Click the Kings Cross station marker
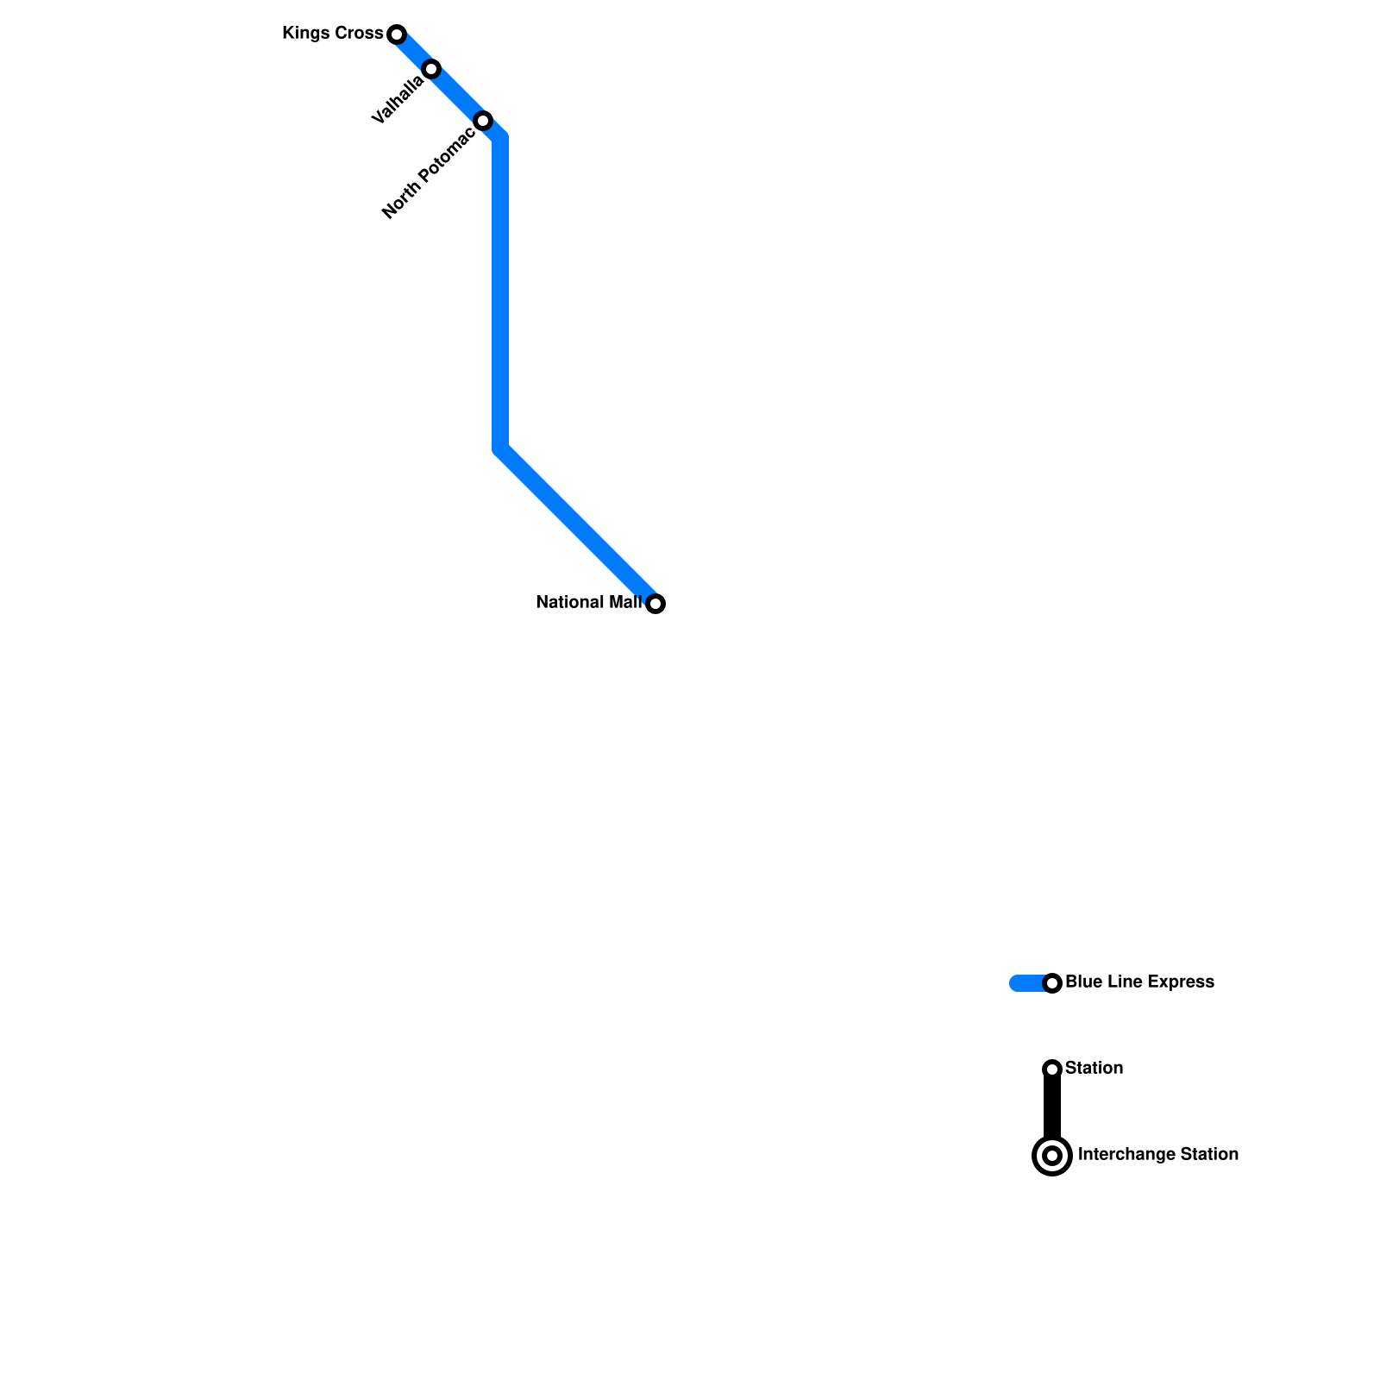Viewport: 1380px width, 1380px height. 397,34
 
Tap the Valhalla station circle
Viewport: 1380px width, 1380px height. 431,69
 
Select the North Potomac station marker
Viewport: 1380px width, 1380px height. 483,121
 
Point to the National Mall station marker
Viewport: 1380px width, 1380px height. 655,604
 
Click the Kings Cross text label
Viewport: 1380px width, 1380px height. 332,34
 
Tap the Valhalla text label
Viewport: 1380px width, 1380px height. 398,99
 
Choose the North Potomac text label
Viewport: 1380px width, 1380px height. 428,173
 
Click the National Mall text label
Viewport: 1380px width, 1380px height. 588,603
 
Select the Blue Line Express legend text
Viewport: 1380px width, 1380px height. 1139,982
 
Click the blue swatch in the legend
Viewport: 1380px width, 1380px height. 1026,983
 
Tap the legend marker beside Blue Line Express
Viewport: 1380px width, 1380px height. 1052,983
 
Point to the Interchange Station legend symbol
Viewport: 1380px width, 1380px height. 1052,1156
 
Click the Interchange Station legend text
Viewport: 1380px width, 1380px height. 1157,1155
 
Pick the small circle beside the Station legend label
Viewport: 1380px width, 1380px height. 1052,1069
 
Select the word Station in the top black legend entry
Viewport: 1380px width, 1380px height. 1094,1069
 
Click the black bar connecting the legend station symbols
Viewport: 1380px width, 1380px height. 1052,1108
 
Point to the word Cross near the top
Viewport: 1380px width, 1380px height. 360,34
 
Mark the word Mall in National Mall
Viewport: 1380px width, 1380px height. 626,603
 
